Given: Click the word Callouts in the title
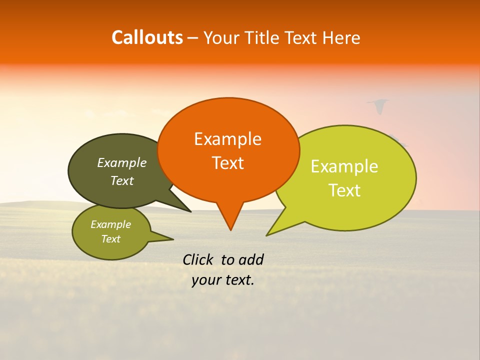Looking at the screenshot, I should coord(147,37).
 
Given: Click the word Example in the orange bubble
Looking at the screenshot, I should coord(227,139).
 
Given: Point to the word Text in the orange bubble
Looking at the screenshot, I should coord(227,163).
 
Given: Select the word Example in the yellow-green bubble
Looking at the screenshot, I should coord(344,166).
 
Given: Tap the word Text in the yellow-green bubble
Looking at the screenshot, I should coord(344,190).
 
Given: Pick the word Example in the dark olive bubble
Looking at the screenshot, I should coord(121,163).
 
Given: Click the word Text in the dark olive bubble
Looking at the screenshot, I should coord(121,181).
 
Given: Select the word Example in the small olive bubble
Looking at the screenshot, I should coord(110,224).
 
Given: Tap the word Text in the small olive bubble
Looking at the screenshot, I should coord(110,239).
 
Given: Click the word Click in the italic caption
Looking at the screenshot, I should coord(198,259).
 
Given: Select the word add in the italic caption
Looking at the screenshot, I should coord(251,259).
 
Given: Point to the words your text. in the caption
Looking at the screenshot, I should coord(222,280).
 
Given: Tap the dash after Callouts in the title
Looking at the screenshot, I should coord(193,38).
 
